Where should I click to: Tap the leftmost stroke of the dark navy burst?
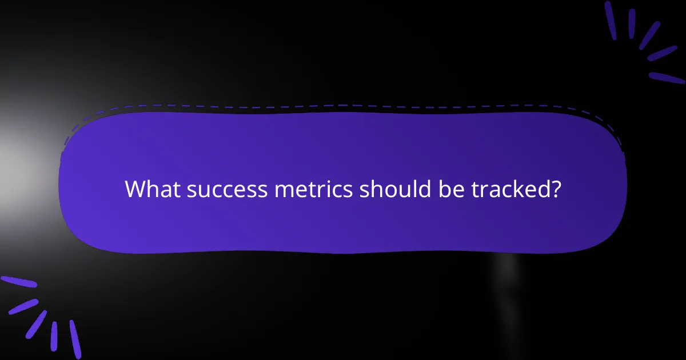(610, 20)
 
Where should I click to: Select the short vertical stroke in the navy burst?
(632, 23)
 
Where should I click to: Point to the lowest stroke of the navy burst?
(665, 77)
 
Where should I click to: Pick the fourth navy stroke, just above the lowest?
(662, 54)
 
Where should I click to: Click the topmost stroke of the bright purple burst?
(18, 282)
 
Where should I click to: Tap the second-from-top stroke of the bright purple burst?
(23, 306)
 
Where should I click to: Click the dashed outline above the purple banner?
(343, 106)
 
